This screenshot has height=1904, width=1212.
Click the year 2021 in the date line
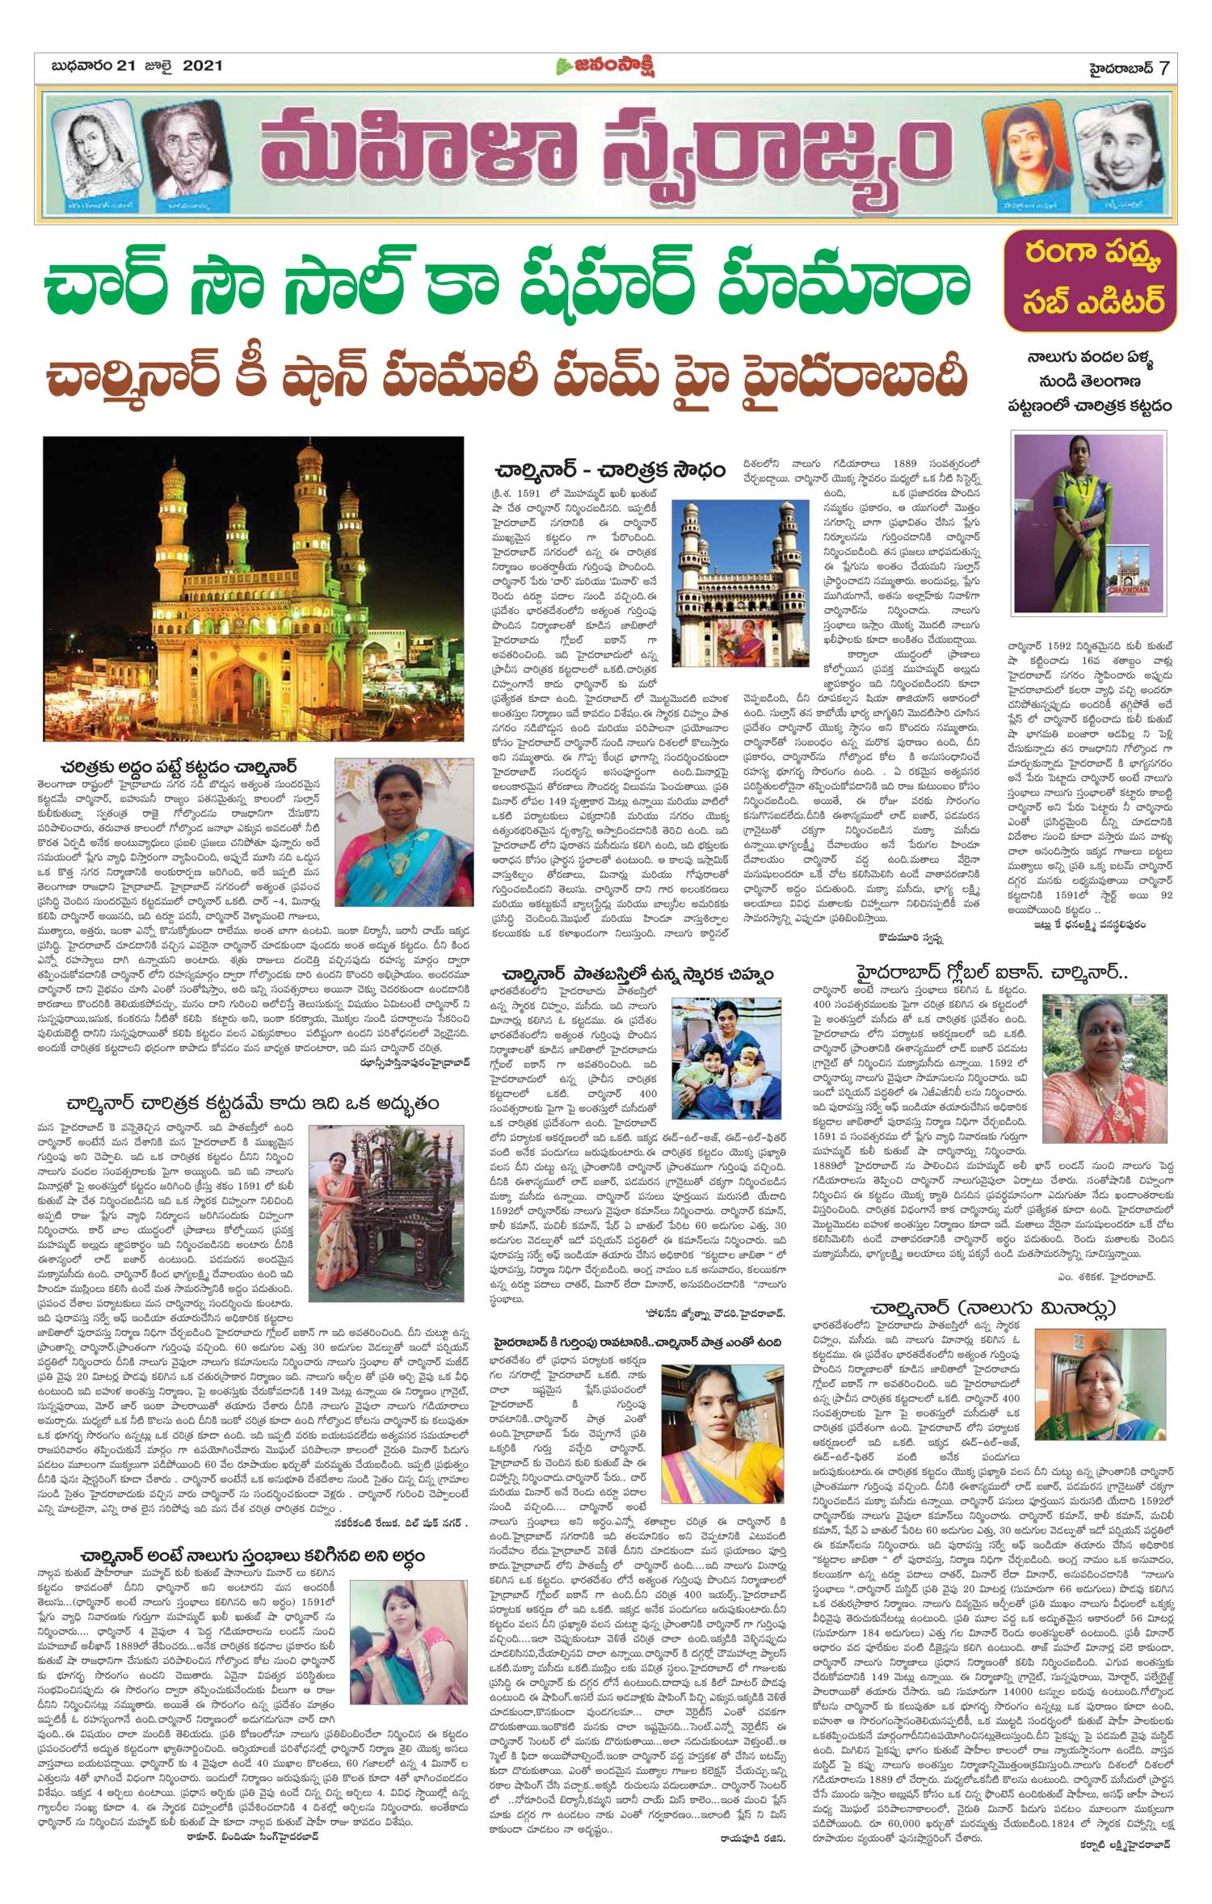tap(197, 66)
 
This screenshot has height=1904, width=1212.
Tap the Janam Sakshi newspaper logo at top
tap(605, 67)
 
